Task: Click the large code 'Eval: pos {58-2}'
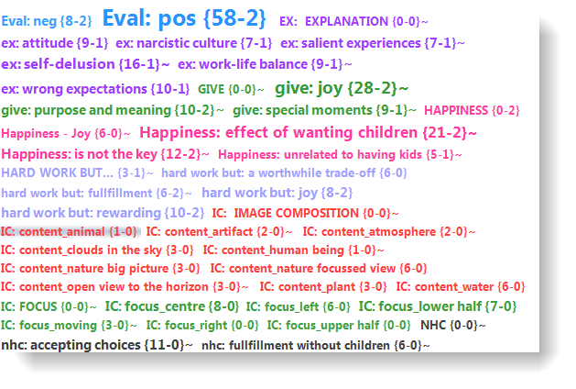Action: pos(184,18)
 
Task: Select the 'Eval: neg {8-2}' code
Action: pos(47,21)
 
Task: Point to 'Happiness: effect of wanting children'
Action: pos(278,132)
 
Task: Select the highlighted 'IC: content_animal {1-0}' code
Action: pos(69,231)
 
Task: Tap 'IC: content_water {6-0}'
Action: pos(461,286)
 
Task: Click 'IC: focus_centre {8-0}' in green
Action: pos(172,306)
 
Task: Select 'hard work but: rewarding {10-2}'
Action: pos(103,213)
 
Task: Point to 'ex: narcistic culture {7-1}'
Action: pos(193,43)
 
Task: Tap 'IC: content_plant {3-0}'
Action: pos(323,286)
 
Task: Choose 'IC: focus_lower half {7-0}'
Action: pos(438,306)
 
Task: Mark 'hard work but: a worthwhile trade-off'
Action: pos(268,173)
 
